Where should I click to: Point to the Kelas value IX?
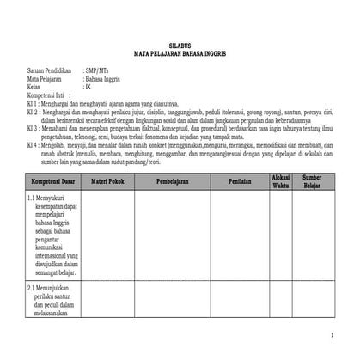click(88, 88)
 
